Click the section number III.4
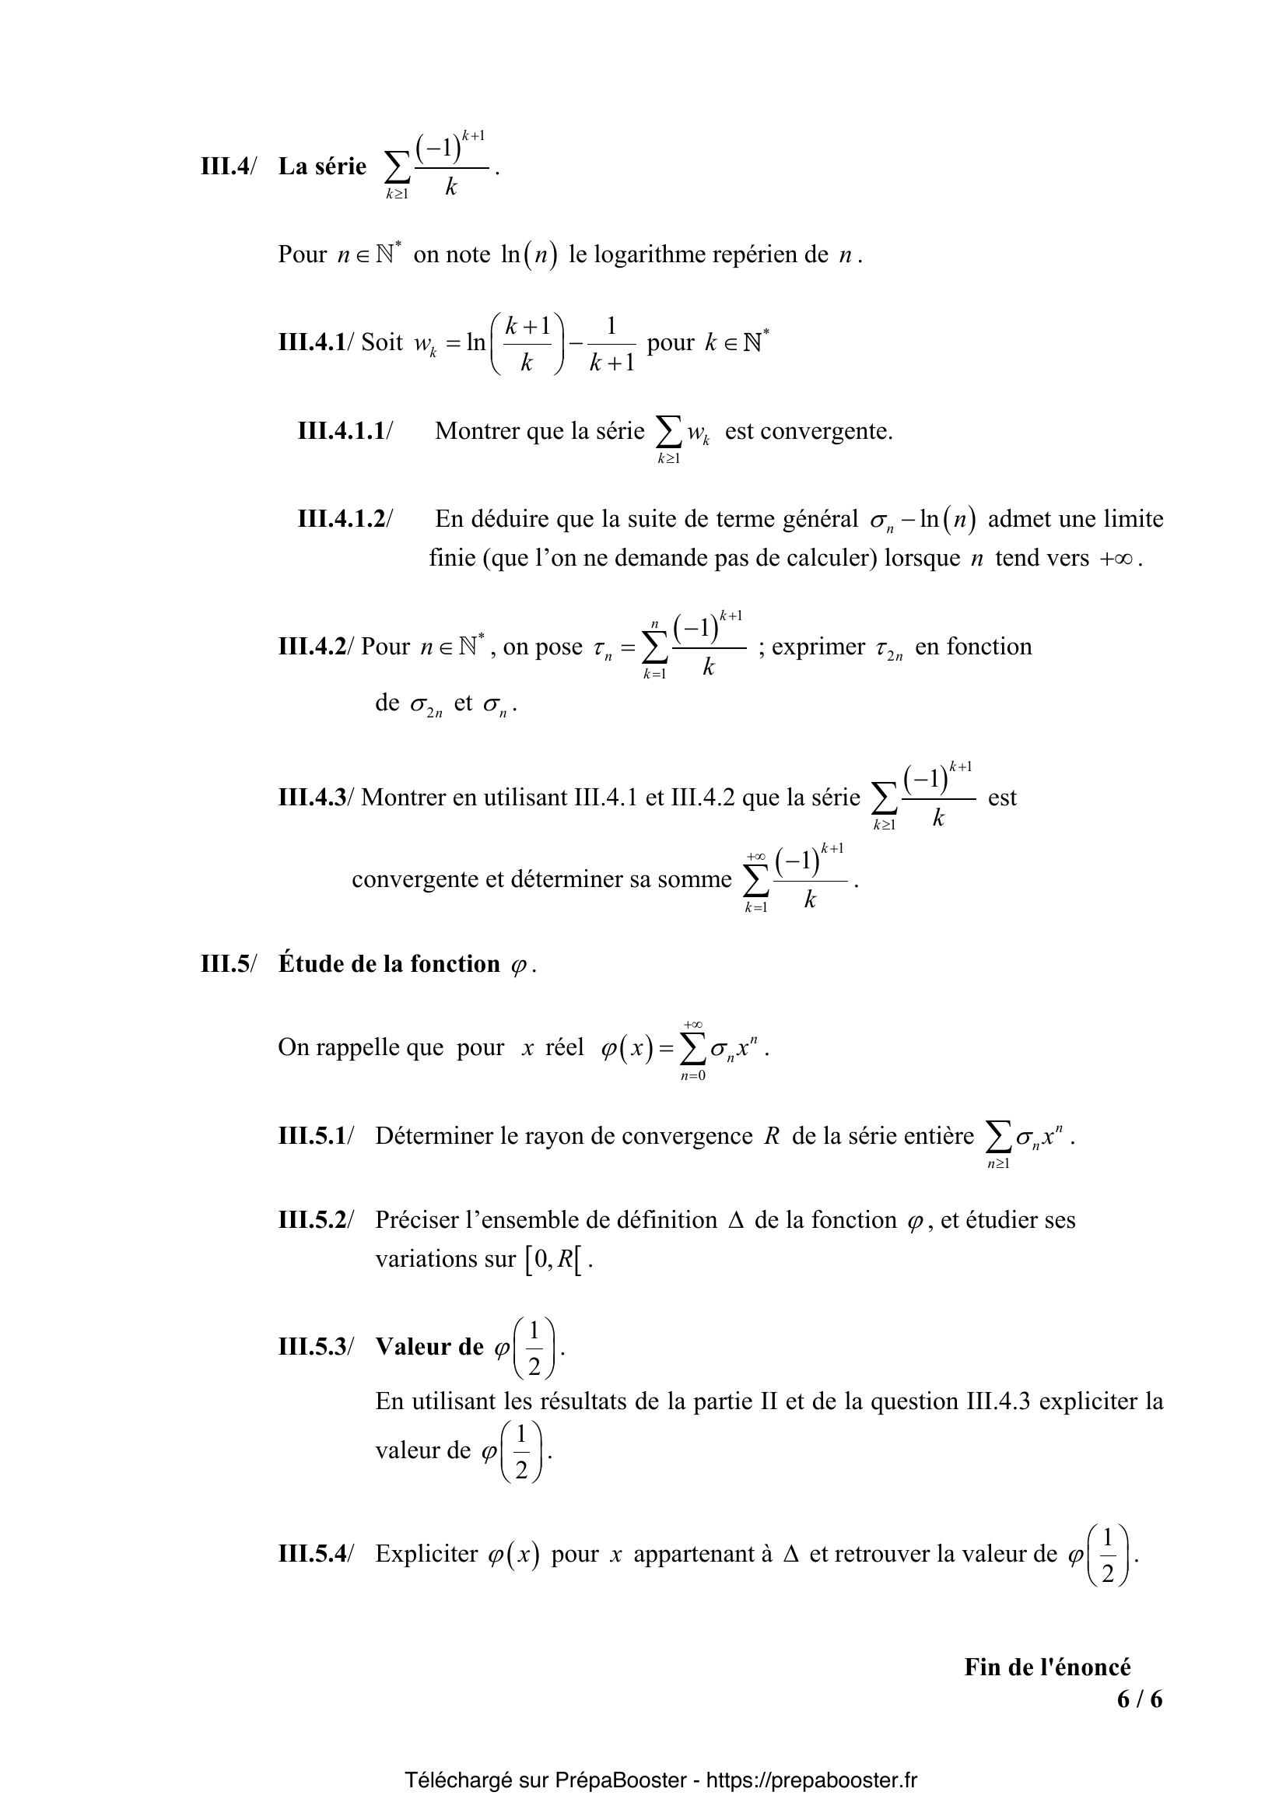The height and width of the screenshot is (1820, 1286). [x=226, y=167]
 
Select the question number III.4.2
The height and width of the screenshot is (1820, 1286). [x=312, y=647]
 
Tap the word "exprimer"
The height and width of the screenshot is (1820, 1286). [x=818, y=647]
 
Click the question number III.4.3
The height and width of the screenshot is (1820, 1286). [x=312, y=798]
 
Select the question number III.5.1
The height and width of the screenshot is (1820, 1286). [x=312, y=1136]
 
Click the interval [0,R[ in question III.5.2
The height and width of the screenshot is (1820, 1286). [x=553, y=1260]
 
